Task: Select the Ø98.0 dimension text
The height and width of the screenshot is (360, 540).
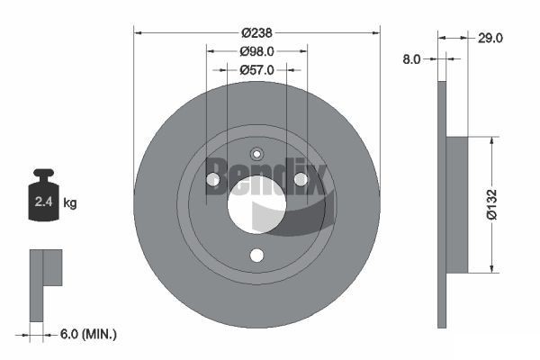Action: tap(256, 52)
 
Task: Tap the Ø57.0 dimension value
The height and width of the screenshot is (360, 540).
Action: tap(256, 69)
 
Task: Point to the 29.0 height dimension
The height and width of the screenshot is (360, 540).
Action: tap(490, 38)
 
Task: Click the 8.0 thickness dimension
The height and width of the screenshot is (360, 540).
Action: tap(411, 58)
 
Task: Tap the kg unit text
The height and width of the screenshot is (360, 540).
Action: tap(70, 203)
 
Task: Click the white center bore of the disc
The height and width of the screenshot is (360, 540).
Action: tap(256, 204)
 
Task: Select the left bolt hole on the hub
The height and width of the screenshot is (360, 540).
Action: tap(213, 181)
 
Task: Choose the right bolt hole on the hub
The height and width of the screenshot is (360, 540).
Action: tap(301, 181)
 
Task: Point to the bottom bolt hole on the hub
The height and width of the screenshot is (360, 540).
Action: tap(257, 256)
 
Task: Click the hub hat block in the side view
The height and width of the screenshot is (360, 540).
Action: tap(456, 204)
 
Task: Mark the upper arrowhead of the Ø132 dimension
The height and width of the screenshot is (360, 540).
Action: tap(491, 141)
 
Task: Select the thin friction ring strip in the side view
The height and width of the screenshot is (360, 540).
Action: tap(441, 204)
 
